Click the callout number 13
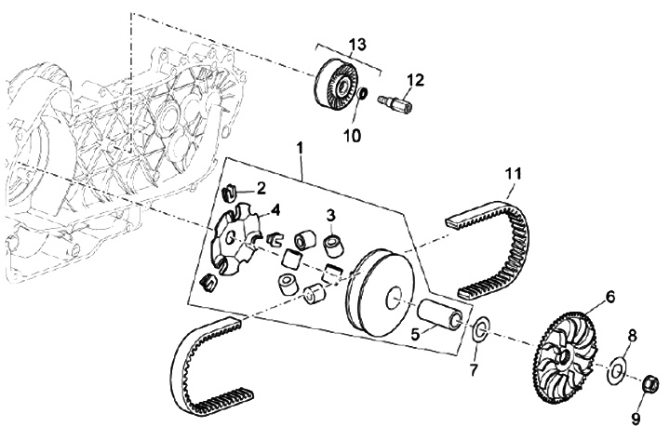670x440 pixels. [358, 45]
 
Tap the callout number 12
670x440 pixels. [414, 80]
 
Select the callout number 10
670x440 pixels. [352, 136]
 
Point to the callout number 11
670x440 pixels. [513, 173]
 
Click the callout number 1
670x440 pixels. [300, 148]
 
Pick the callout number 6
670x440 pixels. [610, 296]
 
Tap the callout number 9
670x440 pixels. [636, 419]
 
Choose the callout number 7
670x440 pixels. [473, 370]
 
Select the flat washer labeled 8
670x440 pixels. [615, 368]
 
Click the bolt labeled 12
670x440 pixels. [394, 103]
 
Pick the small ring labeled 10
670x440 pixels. [362, 93]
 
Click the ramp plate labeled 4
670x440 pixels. [236, 239]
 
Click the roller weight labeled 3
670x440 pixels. [332, 246]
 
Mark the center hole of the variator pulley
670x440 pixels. [394, 297]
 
